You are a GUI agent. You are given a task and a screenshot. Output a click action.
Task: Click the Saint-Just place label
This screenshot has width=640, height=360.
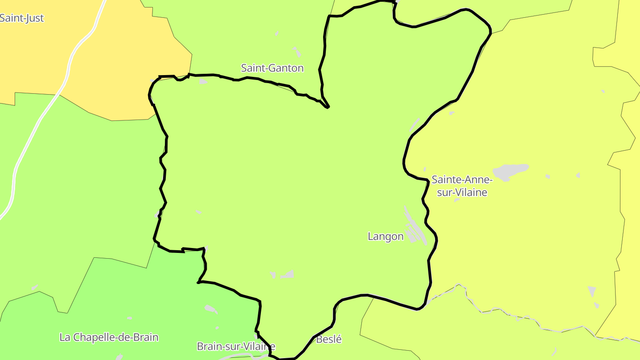point(22,18)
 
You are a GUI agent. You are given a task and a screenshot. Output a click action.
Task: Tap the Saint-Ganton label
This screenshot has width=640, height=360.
point(272,68)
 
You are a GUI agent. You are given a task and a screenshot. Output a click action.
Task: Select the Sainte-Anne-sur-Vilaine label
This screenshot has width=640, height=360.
point(462,186)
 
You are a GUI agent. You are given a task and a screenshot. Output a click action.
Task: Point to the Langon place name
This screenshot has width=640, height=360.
point(385,236)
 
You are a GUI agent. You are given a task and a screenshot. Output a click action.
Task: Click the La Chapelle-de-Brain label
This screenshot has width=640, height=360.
point(109,337)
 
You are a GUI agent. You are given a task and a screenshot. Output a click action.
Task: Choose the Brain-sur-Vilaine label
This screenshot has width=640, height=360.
point(236,346)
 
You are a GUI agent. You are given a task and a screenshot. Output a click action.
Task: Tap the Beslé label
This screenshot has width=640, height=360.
point(329,339)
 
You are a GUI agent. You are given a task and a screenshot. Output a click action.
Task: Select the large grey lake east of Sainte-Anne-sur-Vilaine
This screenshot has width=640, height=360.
point(510,171)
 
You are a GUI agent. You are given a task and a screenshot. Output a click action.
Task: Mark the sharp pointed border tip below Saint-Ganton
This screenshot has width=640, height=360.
point(328,107)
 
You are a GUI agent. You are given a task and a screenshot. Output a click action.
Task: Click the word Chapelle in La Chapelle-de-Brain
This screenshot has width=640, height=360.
point(99,337)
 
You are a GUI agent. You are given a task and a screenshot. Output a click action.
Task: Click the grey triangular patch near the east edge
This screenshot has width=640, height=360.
point(592,291)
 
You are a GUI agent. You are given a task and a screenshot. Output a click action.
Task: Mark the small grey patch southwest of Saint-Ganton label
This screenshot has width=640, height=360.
point(203,81)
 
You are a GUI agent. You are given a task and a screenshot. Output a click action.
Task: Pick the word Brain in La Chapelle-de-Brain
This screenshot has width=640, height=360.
point(146,337)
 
